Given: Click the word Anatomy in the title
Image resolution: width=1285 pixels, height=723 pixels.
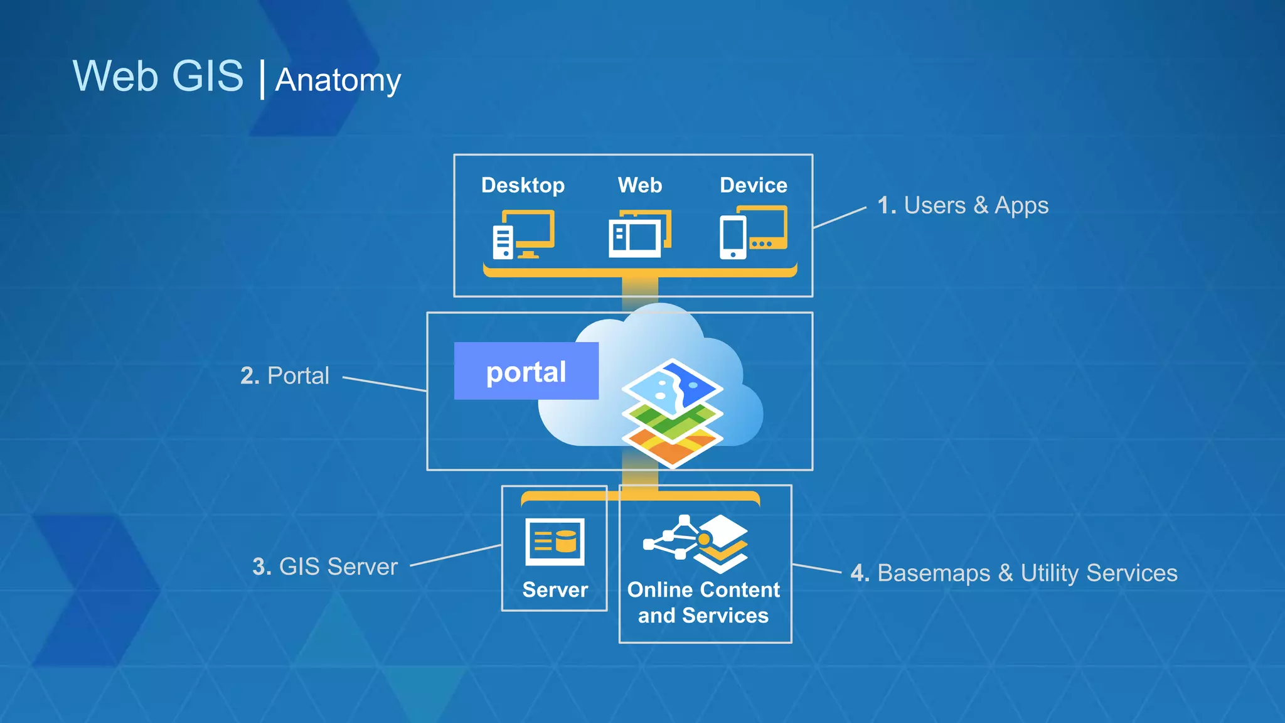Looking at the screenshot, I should tap(338, 80).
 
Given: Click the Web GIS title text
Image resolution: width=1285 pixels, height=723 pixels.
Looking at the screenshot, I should tap(157, 76).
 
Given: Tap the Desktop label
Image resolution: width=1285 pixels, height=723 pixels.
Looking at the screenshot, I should tap(523, 185).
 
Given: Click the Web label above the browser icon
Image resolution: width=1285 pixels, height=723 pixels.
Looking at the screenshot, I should tap(639, 185).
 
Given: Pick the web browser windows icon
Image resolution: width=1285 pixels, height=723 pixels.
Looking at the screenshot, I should tap(639, 234).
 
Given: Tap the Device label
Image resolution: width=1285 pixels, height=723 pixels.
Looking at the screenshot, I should tap(753, 185).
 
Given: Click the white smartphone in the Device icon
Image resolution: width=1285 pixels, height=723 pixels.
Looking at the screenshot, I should tap(733, 237).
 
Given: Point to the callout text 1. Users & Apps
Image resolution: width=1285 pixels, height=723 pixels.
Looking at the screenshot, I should tap(962, 206).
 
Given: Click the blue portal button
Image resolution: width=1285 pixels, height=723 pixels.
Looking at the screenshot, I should tap(526, 372).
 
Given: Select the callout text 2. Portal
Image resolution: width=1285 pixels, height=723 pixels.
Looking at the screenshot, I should tap(284, 376).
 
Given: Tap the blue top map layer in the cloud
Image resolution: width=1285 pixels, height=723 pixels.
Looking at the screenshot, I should tap(673, 385).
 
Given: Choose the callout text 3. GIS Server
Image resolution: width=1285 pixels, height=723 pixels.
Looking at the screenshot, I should tap(324, 567).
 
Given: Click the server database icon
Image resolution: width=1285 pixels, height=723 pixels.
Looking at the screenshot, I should tap(555, 542).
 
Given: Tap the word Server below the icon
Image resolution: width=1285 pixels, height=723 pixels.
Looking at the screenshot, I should tap(555, 590).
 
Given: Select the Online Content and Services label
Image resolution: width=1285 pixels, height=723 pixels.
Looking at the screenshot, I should tap(703, 602).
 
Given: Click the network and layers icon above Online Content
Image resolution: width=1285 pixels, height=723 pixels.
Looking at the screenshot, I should tap(695, 542).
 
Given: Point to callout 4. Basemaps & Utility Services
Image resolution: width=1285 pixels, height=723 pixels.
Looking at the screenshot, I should tap(1013, 573).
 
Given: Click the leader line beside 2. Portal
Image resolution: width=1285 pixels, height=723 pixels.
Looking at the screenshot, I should tap(384, 384).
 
